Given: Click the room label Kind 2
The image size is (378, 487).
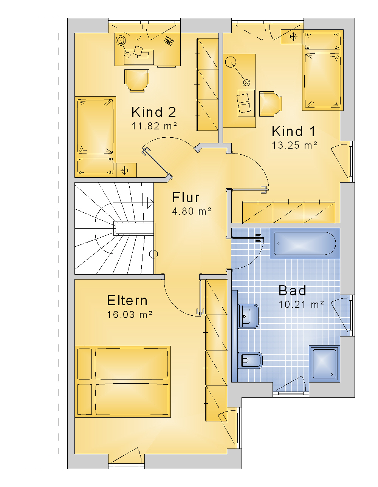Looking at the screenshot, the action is click(153, 112).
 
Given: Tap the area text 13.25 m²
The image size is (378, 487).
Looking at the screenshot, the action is click(294, 145).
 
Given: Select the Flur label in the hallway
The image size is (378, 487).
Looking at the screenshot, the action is click(186, 197).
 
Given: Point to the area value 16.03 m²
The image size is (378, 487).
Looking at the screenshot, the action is click(130, 315).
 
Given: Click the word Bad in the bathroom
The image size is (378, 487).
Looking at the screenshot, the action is click(292, 290).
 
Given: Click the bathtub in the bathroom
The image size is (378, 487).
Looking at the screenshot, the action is click(305, 244).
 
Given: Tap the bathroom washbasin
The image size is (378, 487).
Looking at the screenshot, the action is click(248, 316).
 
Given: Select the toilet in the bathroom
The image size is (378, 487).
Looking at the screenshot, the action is click(250, 360).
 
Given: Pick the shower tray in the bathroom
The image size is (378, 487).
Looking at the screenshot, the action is click(324, 364).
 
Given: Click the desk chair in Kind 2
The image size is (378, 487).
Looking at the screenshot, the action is click(137, 81).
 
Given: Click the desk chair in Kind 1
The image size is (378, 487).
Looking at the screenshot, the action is click(271, 103).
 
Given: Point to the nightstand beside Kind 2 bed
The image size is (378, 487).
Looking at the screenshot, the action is click(126, 170).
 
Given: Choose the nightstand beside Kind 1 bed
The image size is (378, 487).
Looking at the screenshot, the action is click(291, 37).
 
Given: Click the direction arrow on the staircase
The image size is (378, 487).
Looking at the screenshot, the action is click(150, 203).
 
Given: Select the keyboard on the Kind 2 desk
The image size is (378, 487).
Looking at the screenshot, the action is click(169, 41).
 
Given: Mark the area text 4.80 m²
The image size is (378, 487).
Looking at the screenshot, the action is click(192, 211).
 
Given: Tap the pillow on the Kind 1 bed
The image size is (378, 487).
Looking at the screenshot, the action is click(322, 41).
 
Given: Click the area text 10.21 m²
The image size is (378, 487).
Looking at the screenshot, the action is click(301, 304).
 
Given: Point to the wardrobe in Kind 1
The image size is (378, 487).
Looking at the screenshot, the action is click(289, 213).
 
